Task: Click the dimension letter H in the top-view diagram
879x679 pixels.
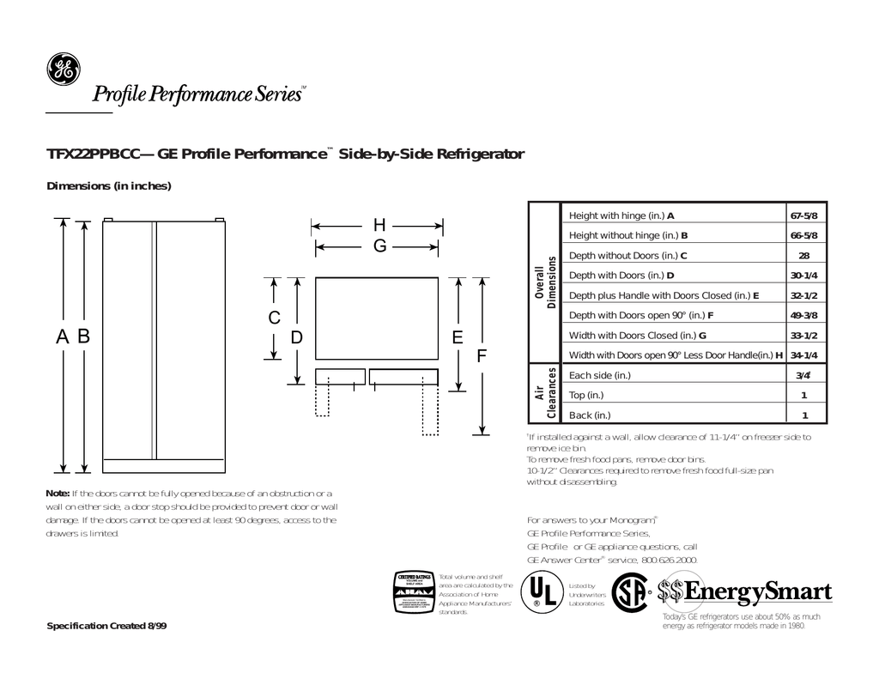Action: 379,226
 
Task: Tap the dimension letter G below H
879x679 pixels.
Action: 379,247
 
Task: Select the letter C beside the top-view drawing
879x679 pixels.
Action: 274,318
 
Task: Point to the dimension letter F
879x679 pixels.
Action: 483,355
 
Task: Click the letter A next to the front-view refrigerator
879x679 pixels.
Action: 63,338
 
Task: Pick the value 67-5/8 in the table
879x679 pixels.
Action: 803,215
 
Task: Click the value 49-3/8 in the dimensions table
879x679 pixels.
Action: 803,315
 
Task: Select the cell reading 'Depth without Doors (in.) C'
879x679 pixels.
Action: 628,255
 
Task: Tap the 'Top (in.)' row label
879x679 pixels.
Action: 587,395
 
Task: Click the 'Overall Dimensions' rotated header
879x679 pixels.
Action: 546,283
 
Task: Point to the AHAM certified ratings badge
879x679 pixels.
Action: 412,592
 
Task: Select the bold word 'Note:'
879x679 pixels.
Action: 57,493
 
